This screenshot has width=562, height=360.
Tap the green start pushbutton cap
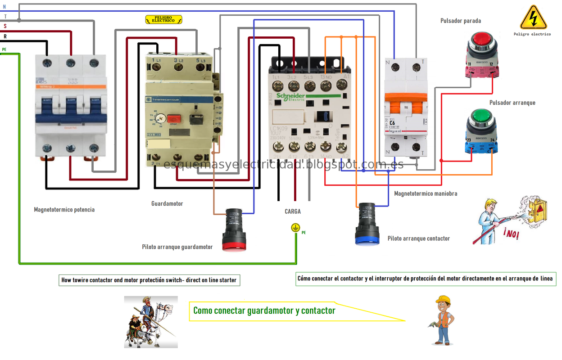pyautogui.click(x=481, y=117)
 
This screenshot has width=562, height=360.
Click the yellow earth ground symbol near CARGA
pyautogui.click(x=295, y=228)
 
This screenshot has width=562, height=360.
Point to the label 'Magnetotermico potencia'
pyautogui.click(x=64, y=210)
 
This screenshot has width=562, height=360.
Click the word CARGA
pyautogui.click(x=293, y=211)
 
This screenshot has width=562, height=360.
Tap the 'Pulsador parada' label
pyautogui.click(x=460, y=21)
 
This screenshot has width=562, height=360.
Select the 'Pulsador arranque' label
pyautogui.click(x=512, y=103)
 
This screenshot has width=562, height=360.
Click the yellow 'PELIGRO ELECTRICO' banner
pyautogui.click(x=163, y=19)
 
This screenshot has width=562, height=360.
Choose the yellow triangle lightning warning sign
pyautogui.click(x=533, y=18)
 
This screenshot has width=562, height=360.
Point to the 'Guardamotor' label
pyautogui.click(x=167, y=204)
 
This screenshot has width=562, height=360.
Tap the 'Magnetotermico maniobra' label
pyautogui.click(x=426, y=194)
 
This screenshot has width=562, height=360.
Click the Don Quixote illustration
pyautogui.click(x=151, y=321)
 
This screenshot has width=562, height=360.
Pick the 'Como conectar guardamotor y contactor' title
pyautogui.click(x=264, y=310)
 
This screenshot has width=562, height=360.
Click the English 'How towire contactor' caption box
pyautogui.click(x=149, y=280)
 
